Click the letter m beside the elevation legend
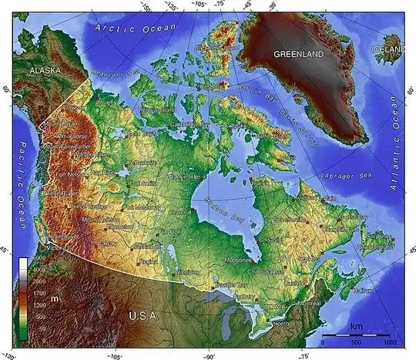click(x=55, y=298)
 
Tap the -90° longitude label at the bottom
click(x=209, y=355)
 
